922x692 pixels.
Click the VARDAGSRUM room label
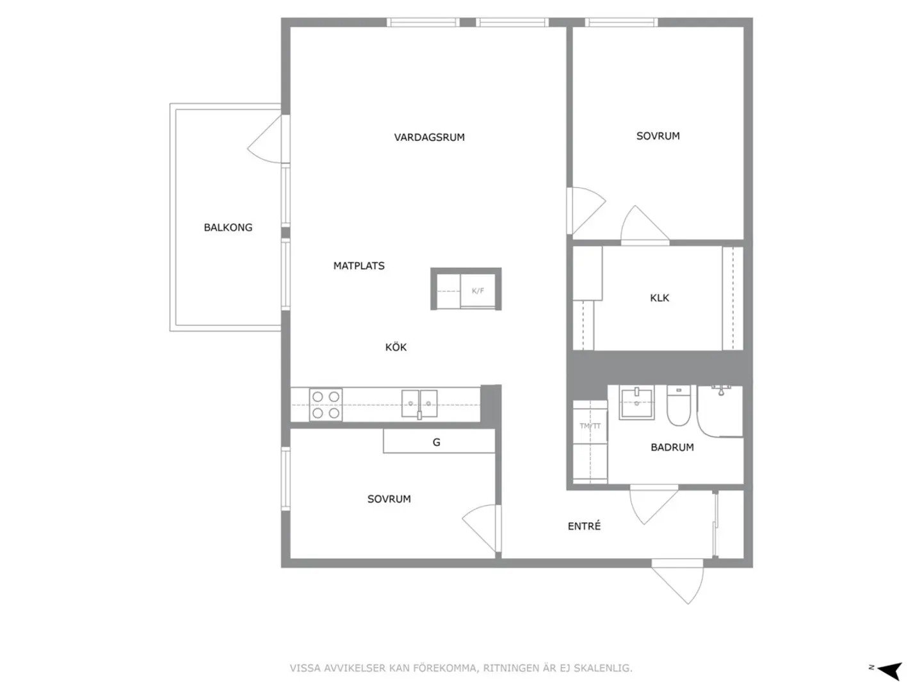pyautogui.click(x=429, y=137)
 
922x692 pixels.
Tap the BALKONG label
pyautogui.click(x=228, y=227)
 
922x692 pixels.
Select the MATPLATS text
pyautogui.click(x=359, y=265)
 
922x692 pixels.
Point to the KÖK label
pyautogui.click(x=396, y=347)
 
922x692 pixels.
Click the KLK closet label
pyautogui.click(x=659, y=298)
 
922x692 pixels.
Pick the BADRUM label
pyautogui.click(x=672, y=447)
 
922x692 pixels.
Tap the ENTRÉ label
pyautogui.click(x=584, y=525)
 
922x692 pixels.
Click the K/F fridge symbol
pyautogui.click(x=478, y=291)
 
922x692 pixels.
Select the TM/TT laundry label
pyautogui.click(x=590, y=426)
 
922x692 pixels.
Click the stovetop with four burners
pyautogui.click(x=325, y=404)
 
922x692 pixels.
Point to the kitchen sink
pyautogui.click(x=419, y=404)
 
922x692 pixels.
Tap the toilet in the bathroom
pyautogui.click(x=678, y=406)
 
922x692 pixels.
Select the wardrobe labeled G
pyautogui.click(x=439, y=441)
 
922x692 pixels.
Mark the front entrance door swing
pyautogui.click(x=677, y=581)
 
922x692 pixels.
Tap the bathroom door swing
pyautogui.click(x=654, y=504)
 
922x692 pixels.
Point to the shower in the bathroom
pyautogui.click(x=720, y=411)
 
